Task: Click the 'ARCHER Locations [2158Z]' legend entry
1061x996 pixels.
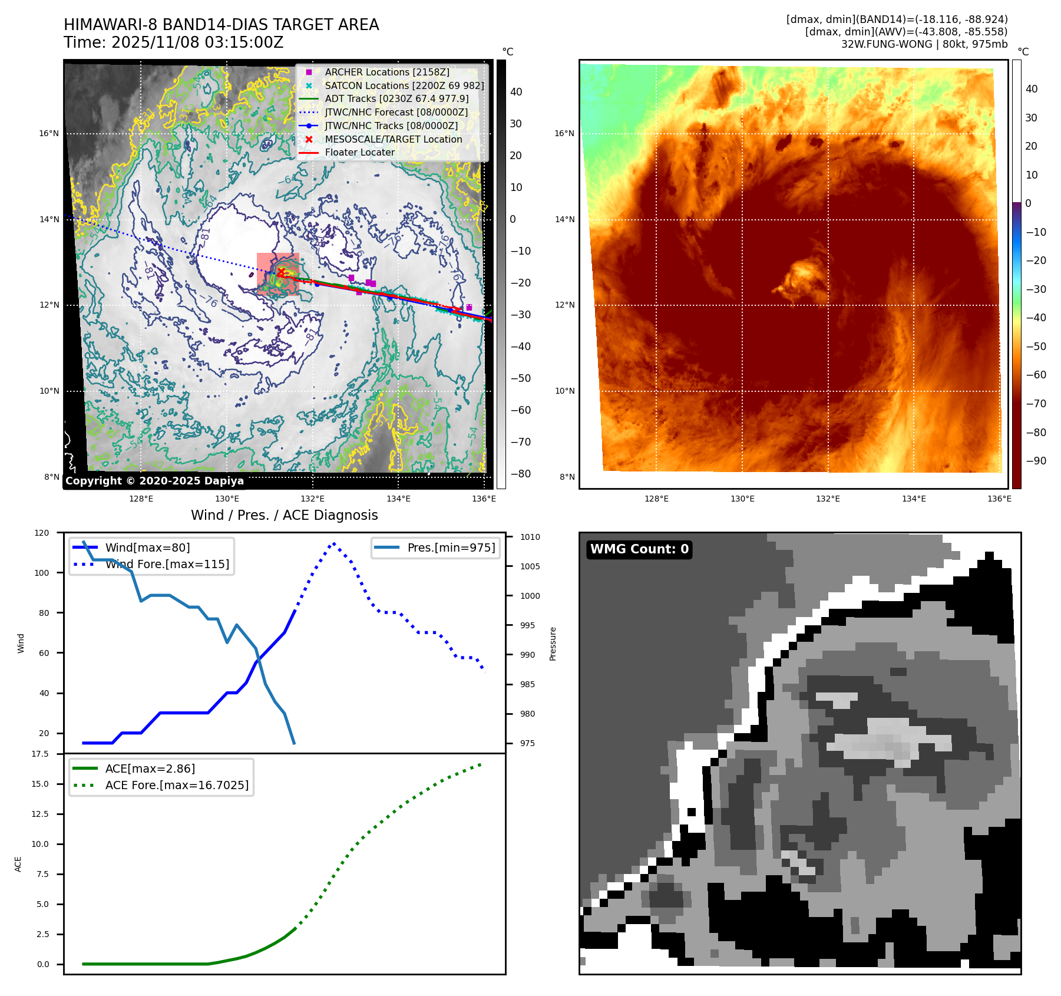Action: (386, 72)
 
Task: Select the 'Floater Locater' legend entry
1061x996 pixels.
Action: (359, 152)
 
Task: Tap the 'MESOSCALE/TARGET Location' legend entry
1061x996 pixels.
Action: (393, 139)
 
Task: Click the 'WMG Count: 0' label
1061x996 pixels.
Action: (639, 549)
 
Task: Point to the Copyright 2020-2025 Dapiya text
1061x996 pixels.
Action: (154, 481)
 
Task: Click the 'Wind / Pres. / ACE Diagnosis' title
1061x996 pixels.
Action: (284, 515)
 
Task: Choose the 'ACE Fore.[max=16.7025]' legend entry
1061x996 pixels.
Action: (177, 785)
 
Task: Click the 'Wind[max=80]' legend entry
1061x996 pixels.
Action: (147, 548)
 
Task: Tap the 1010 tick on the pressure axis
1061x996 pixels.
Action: (530, 537)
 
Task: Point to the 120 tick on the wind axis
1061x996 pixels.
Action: (42, 533)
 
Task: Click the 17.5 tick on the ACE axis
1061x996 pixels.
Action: (40, 754)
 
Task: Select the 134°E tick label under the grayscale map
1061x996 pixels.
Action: (398, 499)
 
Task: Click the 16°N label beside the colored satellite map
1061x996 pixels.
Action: (564, 133)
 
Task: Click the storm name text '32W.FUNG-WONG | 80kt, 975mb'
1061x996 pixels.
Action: (924, 44)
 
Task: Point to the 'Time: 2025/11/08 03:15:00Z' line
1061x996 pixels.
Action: (174, 42)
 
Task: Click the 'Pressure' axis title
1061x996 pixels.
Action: (553, 644)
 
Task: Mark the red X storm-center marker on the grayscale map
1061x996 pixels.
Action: (281, 272)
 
